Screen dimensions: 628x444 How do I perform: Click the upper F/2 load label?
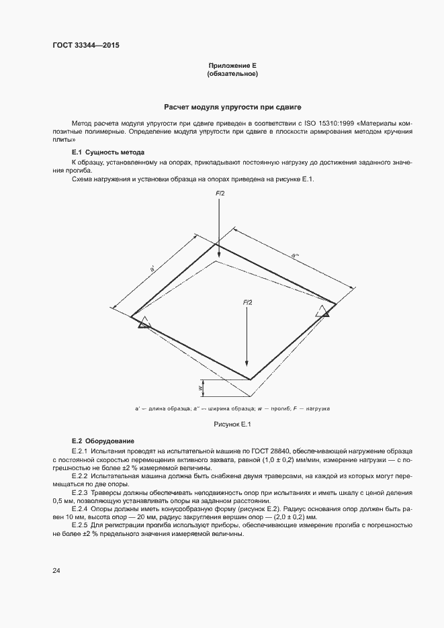pyautogui.click(x=220, y=193)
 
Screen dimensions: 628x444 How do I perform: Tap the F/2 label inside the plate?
pyautogui.click(x=247, y=303)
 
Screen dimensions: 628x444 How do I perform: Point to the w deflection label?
pyautogui.click(x=200, y=388)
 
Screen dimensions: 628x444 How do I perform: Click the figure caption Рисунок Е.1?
pyautogui.click(x=232, y=424)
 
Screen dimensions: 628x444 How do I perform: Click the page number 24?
pyautogui.click(x=56, y=571)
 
